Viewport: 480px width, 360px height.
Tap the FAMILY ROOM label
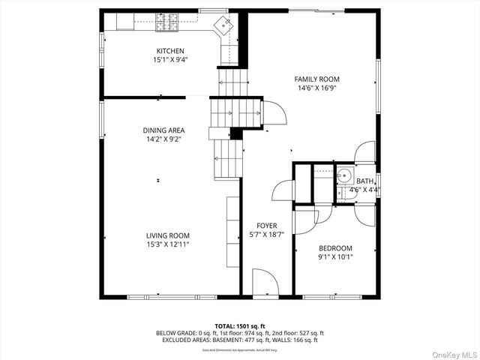click(x=316, y=79)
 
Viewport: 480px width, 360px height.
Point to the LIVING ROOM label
click(x=168, y=235)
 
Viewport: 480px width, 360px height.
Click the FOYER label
click(x=266, y=226)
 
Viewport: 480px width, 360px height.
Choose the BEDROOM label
click(x=335, y=248)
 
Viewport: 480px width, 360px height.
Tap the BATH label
click(x=364, y=181)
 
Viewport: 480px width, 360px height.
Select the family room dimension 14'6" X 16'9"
click(x=316, y=88)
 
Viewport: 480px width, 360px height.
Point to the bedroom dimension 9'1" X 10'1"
click(x=335, y=257)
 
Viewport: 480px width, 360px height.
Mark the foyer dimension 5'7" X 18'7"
click(x=266, y=235)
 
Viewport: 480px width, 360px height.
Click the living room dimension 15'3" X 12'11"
click(x=168, y=244)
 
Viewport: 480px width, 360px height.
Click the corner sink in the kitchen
click(x=225, y=25)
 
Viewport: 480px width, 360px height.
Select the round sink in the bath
click(x=343, y=178)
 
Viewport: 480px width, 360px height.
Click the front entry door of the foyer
click(x=265, y=283)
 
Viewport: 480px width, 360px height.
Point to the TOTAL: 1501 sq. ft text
click(x=240, y=325)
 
